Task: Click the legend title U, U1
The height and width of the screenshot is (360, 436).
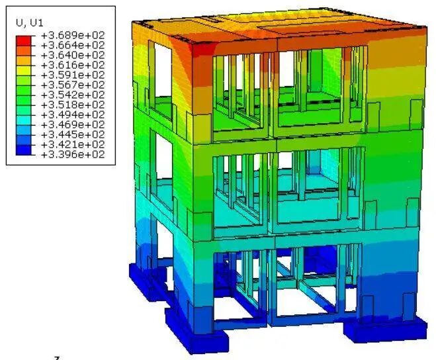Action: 30,23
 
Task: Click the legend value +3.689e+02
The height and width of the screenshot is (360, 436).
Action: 73,35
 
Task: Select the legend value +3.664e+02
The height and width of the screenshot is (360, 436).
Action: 73,46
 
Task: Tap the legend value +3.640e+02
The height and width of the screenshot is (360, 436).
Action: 73,55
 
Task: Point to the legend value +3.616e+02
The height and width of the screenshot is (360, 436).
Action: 73,65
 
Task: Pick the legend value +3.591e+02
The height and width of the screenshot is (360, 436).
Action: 73,75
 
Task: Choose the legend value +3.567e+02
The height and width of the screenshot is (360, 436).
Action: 73,85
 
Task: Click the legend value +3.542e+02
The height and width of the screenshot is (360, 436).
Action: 73,95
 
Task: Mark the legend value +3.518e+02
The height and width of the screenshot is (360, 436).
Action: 73,105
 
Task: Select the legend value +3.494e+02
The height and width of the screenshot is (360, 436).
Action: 73,115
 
